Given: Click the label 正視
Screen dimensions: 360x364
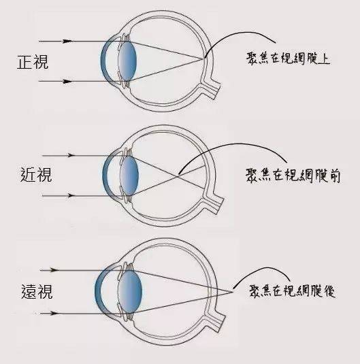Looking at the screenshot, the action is point(33,62).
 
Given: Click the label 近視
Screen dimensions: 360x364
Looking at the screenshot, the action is point(36,175).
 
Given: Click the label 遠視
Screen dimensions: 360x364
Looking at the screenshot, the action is point(37,291).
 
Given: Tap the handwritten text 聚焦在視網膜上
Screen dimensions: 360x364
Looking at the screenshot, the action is point(288,59).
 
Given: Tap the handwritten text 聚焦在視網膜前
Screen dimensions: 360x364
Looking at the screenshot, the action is point(293,176).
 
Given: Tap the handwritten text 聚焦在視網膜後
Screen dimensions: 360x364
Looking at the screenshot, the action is point(293,291).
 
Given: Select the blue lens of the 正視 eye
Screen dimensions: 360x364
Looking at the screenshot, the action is point(127,61).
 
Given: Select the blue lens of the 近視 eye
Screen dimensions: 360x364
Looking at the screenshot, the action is point(129,176).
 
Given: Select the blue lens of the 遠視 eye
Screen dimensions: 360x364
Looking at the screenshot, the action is point(131,292).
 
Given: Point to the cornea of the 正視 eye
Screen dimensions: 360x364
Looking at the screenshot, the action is point(103,61).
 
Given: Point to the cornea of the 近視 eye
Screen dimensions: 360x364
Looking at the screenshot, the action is point(105,176).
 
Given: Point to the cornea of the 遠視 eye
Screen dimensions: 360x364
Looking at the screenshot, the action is point(98,291).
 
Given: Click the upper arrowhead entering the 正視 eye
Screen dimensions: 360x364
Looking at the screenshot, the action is point(67,41).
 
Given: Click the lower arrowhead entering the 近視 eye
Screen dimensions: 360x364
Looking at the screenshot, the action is point(70,195).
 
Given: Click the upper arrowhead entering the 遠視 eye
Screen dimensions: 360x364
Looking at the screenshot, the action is point(54,270).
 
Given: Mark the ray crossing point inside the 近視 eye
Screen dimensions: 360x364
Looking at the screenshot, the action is point(177,176).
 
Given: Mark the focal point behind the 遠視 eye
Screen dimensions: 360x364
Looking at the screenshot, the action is point(233,292).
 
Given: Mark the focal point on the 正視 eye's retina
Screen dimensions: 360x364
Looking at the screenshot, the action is point(203,59).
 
